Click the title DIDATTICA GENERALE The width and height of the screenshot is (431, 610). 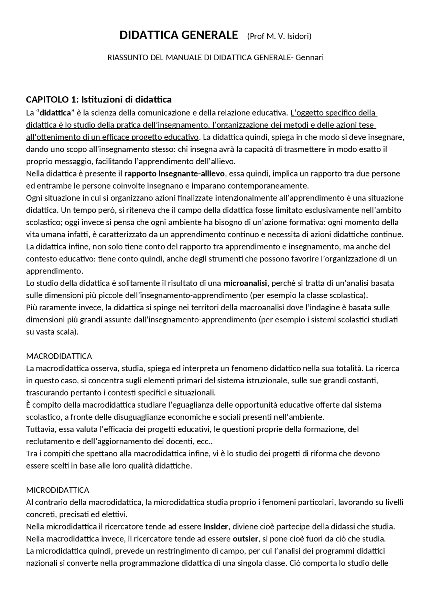(x=178, y=35)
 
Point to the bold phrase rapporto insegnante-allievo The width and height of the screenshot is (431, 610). (x=174, y=174)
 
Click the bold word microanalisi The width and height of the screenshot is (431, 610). (x=245, y=283)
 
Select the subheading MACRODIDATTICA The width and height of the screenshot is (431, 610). (x=59, y=356)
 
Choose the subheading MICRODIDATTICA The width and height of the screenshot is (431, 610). (x=58, y=490)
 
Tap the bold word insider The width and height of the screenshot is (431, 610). (x=216, y=526)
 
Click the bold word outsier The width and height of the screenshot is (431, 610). (x=245, y=539)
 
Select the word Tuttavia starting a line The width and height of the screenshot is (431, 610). (x=41, y=429)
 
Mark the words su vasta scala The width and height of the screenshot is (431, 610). (x=52, y=332)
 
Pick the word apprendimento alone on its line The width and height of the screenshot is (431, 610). (x=54, y=271)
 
